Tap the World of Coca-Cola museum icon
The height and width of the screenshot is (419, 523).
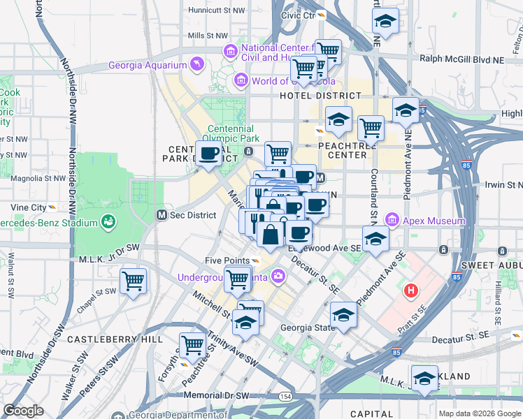[241, 80]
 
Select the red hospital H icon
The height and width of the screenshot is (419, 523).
[411, 290]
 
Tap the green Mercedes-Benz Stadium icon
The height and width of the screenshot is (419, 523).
[108, 223]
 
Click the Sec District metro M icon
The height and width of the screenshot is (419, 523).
[162, 215]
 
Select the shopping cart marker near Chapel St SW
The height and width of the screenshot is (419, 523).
[133, 281]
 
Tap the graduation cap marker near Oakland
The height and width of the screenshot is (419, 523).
[424, 378]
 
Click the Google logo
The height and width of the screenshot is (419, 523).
[24, 410]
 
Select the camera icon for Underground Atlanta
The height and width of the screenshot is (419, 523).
[278, 277]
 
